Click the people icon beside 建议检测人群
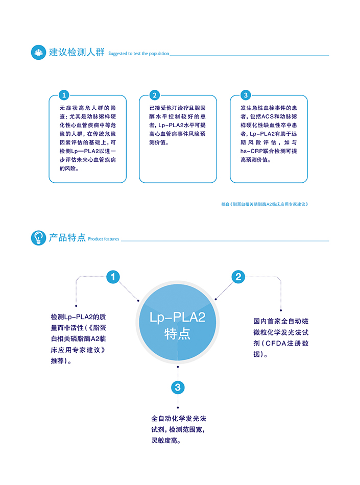click(x=38, y=52)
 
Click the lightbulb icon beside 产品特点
click(x=38, y=238)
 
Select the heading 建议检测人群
click(x=77, y=52)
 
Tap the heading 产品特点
click(x=67, y=238)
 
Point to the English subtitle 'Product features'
click(x=104, y=239)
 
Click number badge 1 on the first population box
click(x=64, y=95)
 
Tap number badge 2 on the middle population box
click(x=154, y=95)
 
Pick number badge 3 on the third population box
click(x=245, y=95)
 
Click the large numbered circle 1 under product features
click(x=113, y=277)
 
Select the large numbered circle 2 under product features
click(x=238, y=277)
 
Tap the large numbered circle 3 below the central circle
click(x=177, y=387)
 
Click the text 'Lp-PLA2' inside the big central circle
click(x=177, y=318)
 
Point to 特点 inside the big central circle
click(x=177, y=334)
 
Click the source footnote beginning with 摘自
click(x=265, y=204)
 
